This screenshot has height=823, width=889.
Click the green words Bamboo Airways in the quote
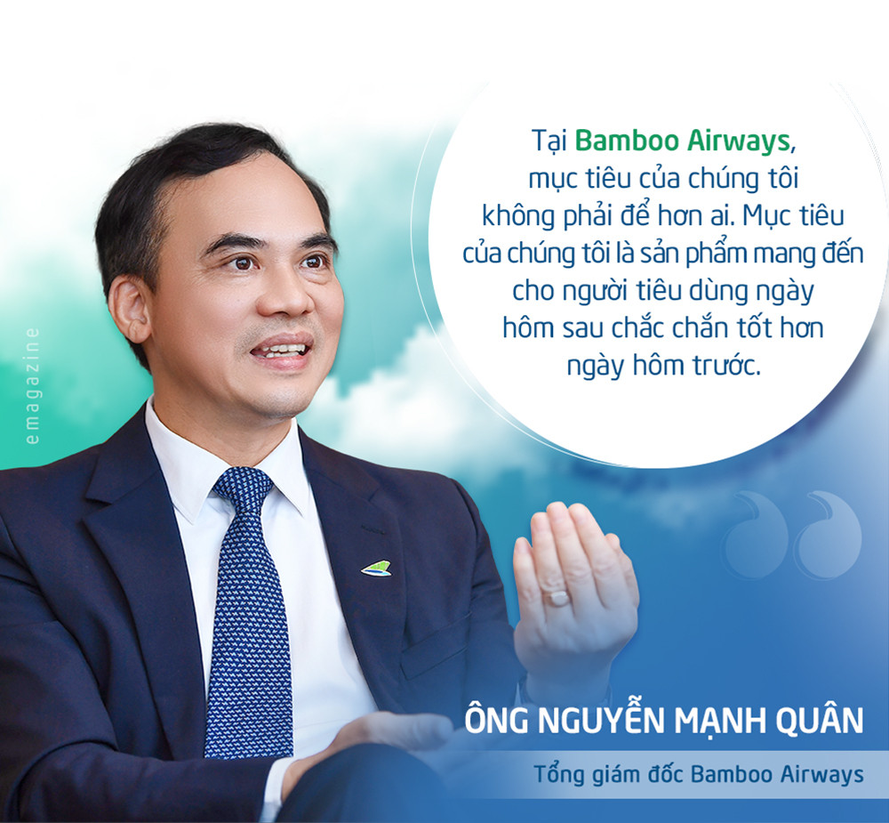tap(683, 141)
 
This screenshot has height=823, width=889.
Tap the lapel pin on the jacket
tap(376, 569)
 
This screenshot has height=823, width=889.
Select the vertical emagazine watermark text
tap(32, 386)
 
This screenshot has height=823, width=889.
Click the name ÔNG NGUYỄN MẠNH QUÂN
tap(664, 721)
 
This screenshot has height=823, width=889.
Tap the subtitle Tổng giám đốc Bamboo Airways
tap(699, 774)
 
